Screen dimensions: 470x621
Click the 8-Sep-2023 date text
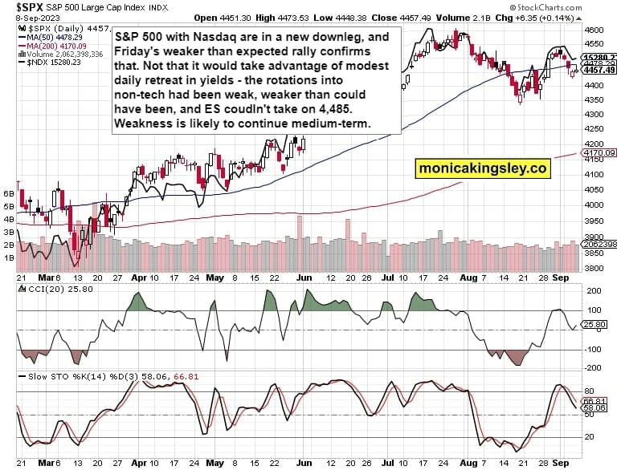point(20,18)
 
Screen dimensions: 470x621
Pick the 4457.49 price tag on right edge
point(600,70)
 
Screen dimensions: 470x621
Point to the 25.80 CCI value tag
point(599,323)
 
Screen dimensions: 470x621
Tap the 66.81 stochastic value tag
point(599,400)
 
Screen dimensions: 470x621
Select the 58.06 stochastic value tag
point(599,408)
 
